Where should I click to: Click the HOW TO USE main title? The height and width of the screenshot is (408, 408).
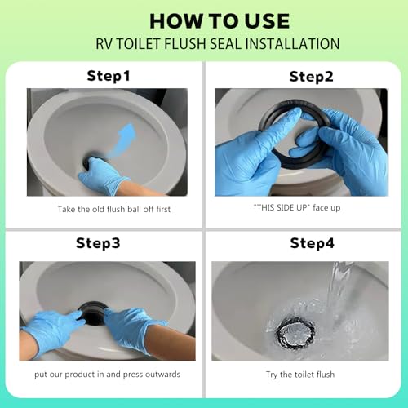(x=220, y=21)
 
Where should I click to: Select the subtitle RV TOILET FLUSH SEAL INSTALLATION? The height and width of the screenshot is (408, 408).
(x=218, y=44)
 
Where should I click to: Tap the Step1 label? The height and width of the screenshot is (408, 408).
(x=109, y=76)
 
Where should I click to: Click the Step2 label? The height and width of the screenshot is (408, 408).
(x=311, y=77)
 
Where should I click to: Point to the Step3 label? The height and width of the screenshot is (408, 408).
(x=98, y=243)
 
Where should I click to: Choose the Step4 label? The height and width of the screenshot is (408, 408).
(x=312, y=243)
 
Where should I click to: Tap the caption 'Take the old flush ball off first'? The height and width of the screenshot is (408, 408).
(x=114, y=209)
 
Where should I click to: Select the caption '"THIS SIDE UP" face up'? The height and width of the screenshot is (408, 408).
(x=297, y=208)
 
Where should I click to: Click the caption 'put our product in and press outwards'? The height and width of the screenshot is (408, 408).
(x=107, y=375)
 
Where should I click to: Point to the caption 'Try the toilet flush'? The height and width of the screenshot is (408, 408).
(x=300, y=375)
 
